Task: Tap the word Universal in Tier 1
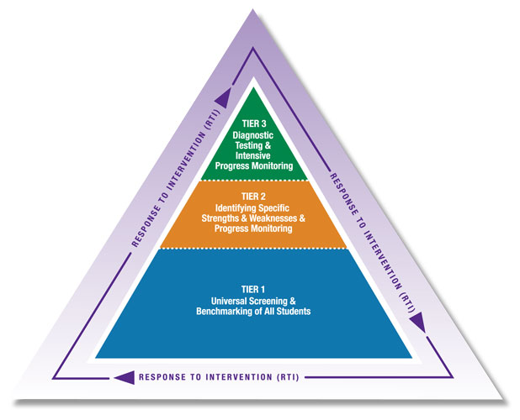(226, 301)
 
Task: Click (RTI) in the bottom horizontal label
(285, 376)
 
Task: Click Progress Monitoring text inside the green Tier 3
(253, 166)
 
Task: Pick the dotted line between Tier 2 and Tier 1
(252, 248)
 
